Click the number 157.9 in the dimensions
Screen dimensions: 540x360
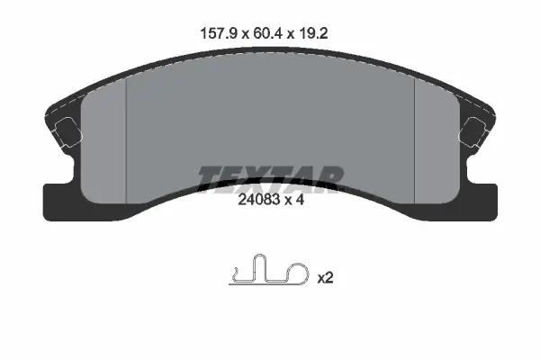(x=219, y=34)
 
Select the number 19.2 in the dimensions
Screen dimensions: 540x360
(x=313, y=34)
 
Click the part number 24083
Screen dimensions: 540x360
(x=258, y=200)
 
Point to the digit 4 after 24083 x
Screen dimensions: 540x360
(x=301, y=200)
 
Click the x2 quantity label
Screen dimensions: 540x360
(x=325, y=278)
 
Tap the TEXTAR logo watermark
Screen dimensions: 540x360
(x=271, y=179)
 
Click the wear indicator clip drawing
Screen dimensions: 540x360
(x=268, y=271)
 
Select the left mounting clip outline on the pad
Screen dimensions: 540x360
(x=67, y=132)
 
